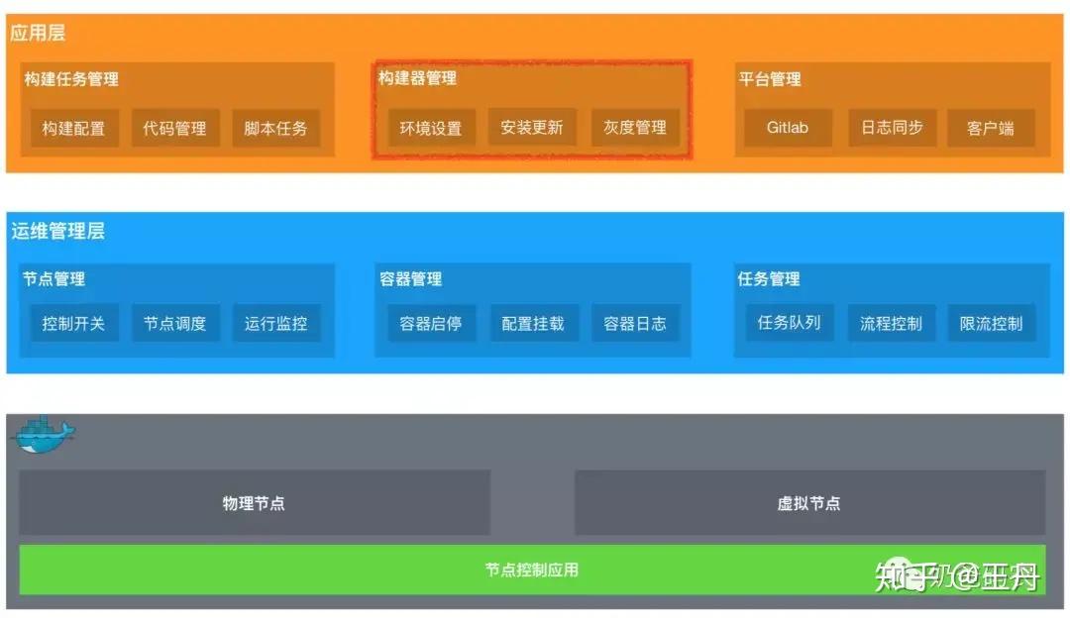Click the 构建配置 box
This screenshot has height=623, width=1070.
click(x=74, y=128)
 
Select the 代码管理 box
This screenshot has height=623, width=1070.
click(x=175, y=128)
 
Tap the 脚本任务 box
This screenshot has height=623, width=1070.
click(x=276, y=128)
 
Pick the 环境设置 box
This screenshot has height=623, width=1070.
click(x=431, y=128)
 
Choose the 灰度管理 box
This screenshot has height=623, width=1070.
click(x=635, y=128)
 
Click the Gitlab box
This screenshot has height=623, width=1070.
click(x=788, y=128)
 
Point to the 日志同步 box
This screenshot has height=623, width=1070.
click(x=892, y=128)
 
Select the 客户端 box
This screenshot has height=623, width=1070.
click(x=991, y=128)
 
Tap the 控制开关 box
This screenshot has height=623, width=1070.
click(x=74, y=323)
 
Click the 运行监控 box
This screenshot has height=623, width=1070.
click(x=276, y=323)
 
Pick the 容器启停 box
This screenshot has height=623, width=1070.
click(x=431, y=323)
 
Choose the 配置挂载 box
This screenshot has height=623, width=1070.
click(x=533, y=323)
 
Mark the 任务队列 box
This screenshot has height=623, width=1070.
click(x=790, y=322)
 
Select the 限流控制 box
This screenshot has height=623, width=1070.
click(x=991, y=323)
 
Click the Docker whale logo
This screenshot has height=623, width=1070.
click(x=43, y=435)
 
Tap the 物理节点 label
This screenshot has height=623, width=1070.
click(x=254, y=503)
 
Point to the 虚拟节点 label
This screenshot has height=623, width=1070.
click(x=808, y=503)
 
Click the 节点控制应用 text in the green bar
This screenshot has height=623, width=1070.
click(x=532, y=570)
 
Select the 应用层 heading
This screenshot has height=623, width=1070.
click(x=38, y=33)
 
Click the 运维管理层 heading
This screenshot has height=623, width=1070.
click(x=58, y=232)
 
